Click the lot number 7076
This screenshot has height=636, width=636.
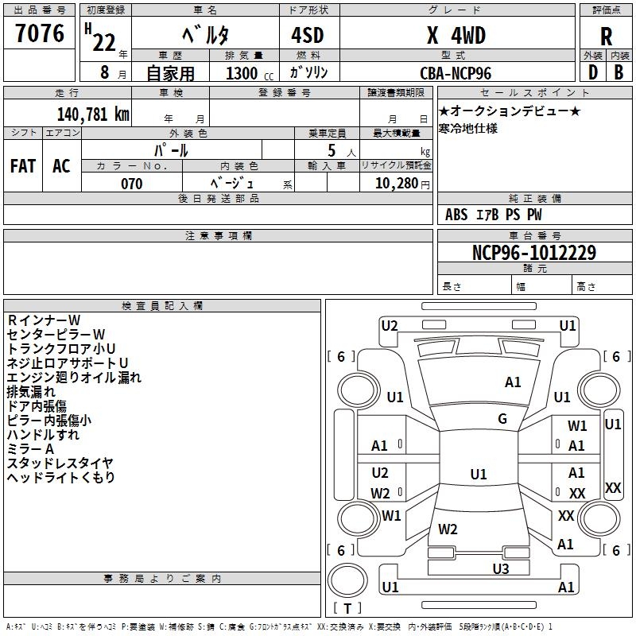tap(39, 33)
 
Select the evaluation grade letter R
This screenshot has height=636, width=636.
tap(606, 36)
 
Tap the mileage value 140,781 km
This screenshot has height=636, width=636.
tap(93, 114)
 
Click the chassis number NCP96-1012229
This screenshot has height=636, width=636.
tap(533, 252)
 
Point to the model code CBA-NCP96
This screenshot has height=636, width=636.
tap(456, 72)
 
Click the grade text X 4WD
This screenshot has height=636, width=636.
tap(456, 36)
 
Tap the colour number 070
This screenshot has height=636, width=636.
tap(131, 184)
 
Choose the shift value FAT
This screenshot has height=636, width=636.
tap(23, 166)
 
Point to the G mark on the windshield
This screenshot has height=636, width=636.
tap(502, 419)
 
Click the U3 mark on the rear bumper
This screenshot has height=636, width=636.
tap(500, 568)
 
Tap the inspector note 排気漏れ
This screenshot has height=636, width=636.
tap(31, 392)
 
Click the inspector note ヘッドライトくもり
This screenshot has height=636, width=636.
tap(61, 478)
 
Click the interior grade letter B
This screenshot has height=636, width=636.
tap(619, 72)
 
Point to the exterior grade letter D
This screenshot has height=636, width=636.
tap(592, 72)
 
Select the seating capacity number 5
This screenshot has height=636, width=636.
tap(332, 150)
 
